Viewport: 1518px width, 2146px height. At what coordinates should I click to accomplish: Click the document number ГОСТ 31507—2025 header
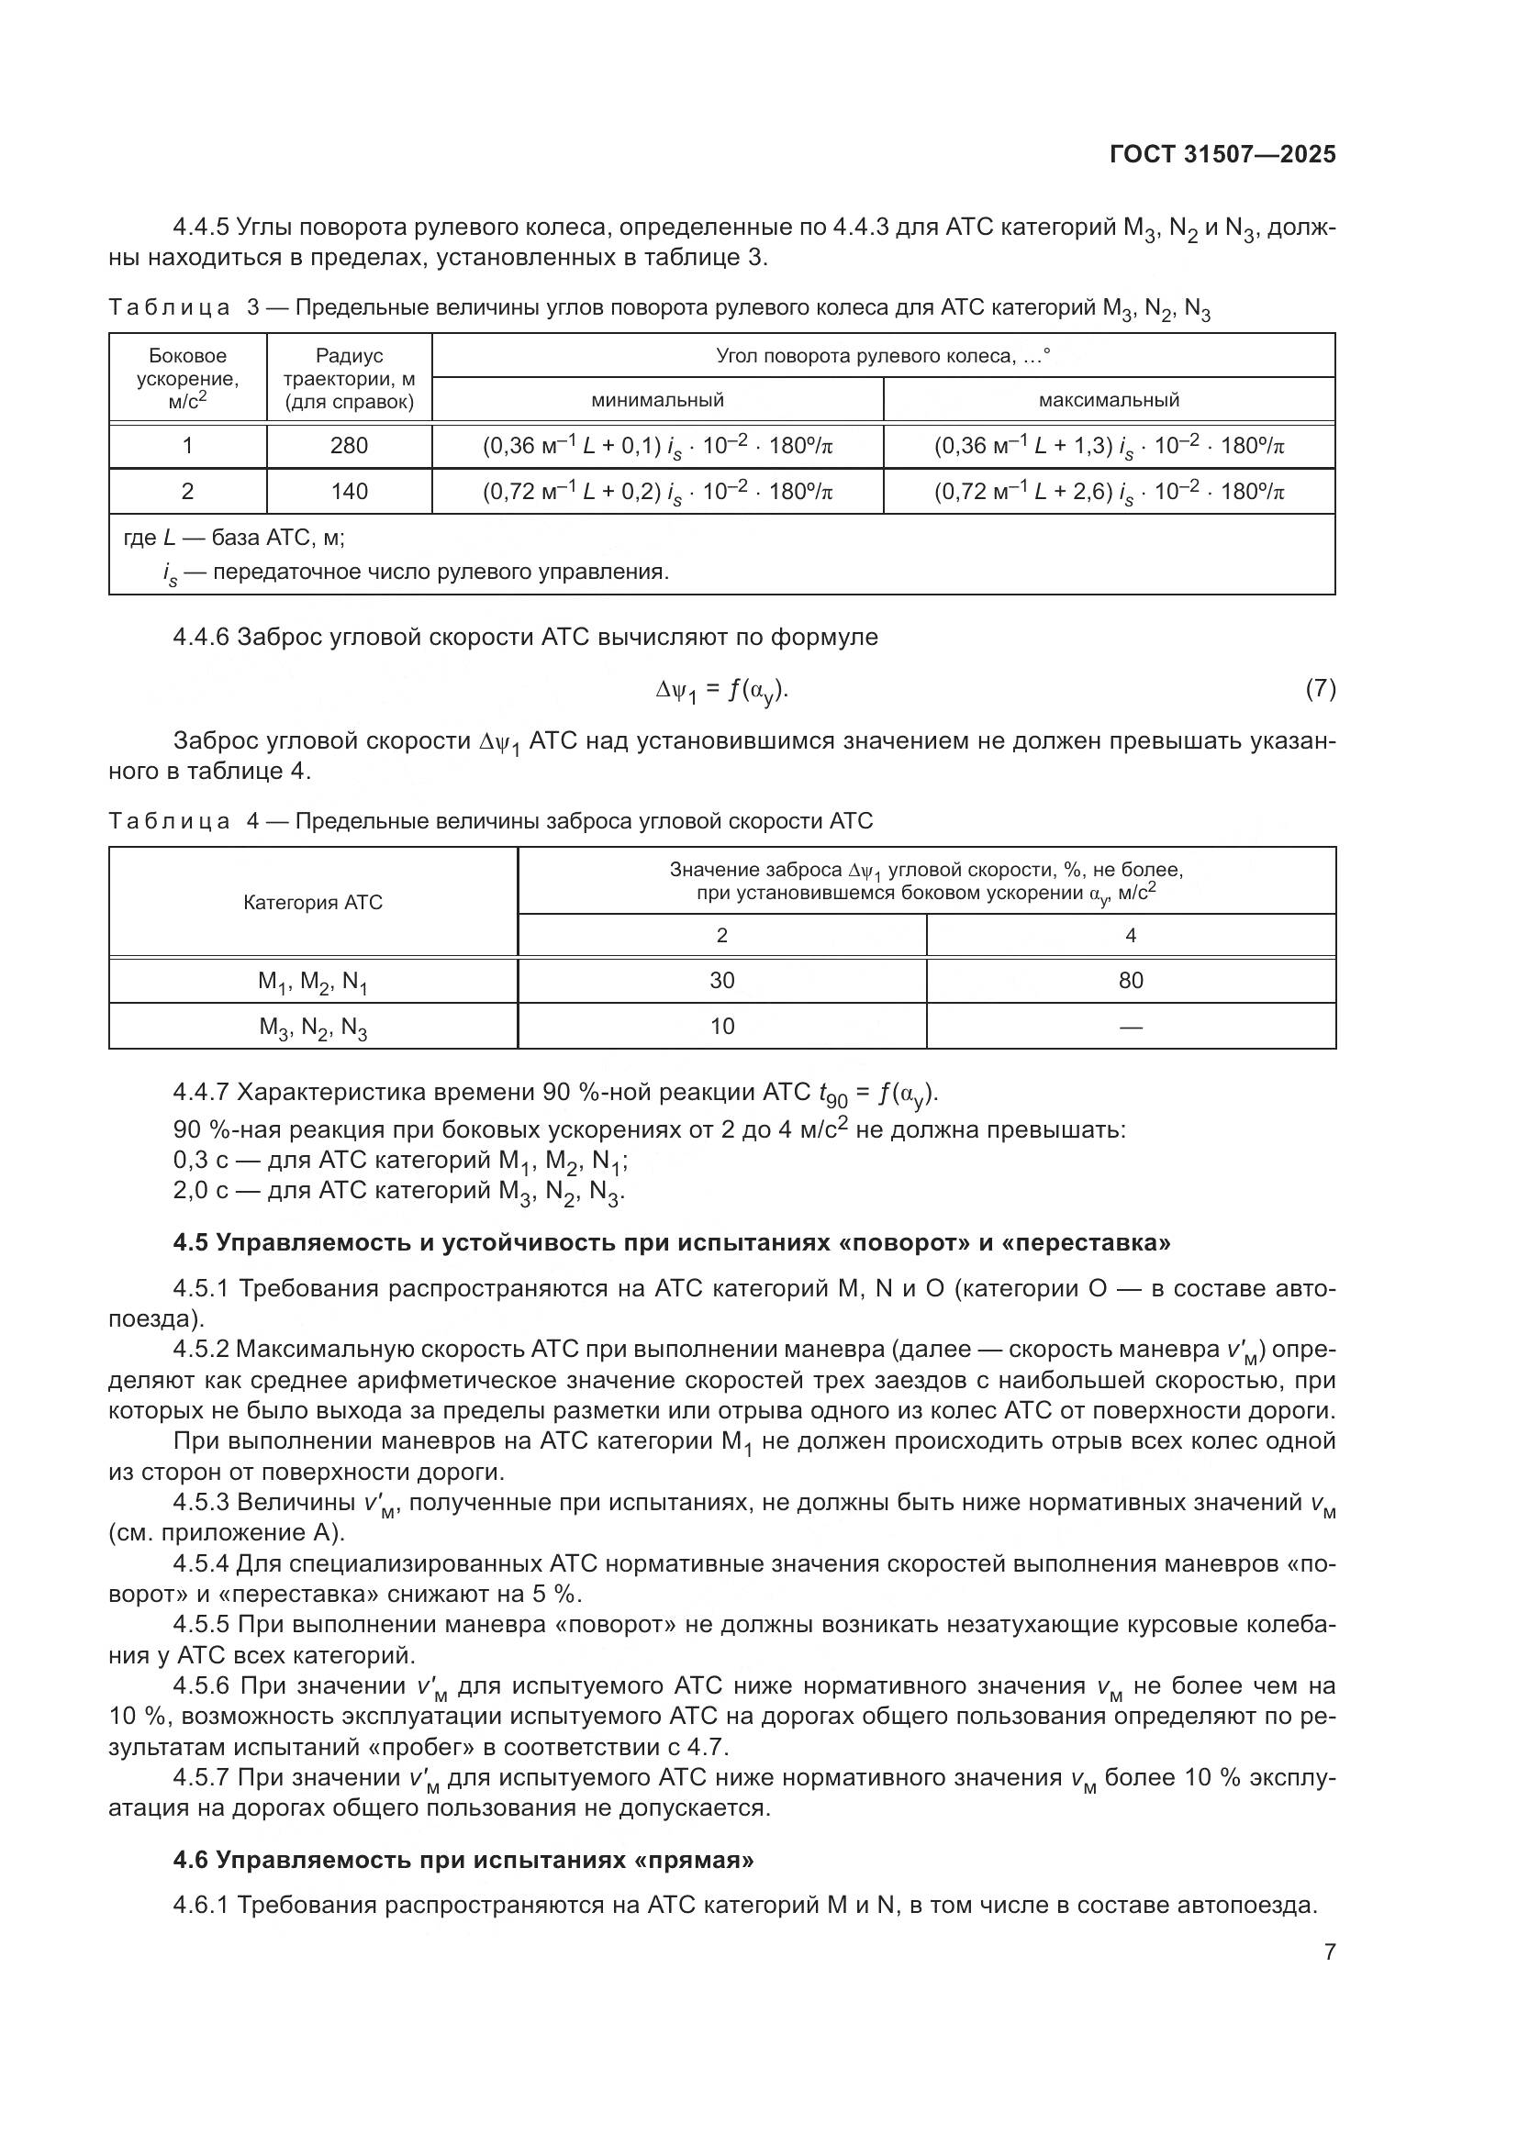(x=1222, y=154)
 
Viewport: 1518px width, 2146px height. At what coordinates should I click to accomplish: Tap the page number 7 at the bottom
(x=1329, y=1952)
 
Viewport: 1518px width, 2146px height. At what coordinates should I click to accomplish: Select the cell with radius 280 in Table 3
(x=349, y=446)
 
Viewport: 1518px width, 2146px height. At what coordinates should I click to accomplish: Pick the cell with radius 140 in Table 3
(x=349, y=492)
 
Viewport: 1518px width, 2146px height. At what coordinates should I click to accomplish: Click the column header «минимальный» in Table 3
(x=657, y=400)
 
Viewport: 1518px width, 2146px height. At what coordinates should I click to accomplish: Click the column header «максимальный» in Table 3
(x=1109, y=400)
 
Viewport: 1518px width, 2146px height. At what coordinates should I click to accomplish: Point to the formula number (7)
(x=1320, y=689)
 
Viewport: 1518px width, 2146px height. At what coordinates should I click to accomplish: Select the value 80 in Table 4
(x=1130, y=981)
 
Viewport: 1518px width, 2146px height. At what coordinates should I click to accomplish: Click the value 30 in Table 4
(x=721, y=981)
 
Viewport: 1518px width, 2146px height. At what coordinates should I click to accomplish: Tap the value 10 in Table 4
(x=721, y=1027)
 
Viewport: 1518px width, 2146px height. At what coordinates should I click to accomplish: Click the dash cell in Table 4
(x=1130, y=1027)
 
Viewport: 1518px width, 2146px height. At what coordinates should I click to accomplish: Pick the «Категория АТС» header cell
(x=313, y=902)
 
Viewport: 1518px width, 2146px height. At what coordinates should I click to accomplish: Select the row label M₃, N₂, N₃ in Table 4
(x=313, y=1029)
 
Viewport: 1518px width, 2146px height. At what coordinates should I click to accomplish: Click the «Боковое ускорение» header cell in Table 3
(x=188, y=378)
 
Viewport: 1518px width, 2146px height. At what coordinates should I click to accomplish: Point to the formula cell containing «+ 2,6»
(x=1109, y=493)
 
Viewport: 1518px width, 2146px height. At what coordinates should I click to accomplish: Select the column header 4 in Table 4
(x=1130, y=936)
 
